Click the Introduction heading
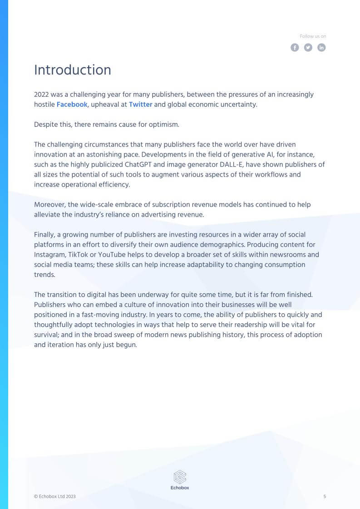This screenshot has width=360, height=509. coord(73,70)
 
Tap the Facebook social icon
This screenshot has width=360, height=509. coord(295,48)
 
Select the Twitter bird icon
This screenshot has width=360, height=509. coord(308,48)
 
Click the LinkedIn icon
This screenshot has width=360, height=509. coord(321,48)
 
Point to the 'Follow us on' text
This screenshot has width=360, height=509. coord(313,36)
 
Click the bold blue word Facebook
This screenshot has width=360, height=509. coord(72,104)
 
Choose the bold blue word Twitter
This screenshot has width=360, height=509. coord(140,104)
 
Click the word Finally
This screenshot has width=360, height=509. coord(44,234)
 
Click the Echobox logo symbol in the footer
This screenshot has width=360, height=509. coord(180,477)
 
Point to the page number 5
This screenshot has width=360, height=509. coord(325,496)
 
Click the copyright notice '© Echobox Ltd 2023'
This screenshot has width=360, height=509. coord(55,496)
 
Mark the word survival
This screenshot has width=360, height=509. coord(47,335)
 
